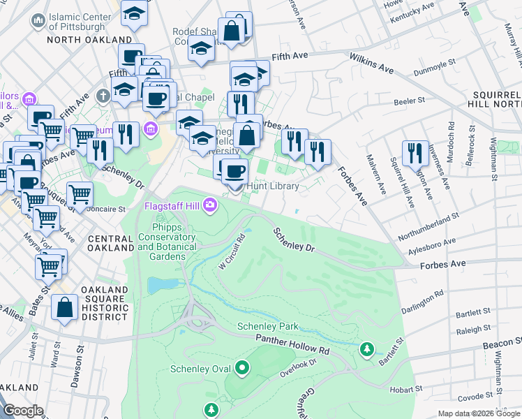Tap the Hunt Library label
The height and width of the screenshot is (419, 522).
tap(276, 186)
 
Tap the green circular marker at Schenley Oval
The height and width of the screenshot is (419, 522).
tap(242, 367)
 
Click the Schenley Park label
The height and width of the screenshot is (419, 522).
tap(268, 326)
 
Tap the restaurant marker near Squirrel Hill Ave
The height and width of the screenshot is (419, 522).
tap(415, 153)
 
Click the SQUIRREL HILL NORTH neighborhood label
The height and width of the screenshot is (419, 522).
tap(492, 101)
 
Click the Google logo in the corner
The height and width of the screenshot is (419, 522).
tap(24, 411)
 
